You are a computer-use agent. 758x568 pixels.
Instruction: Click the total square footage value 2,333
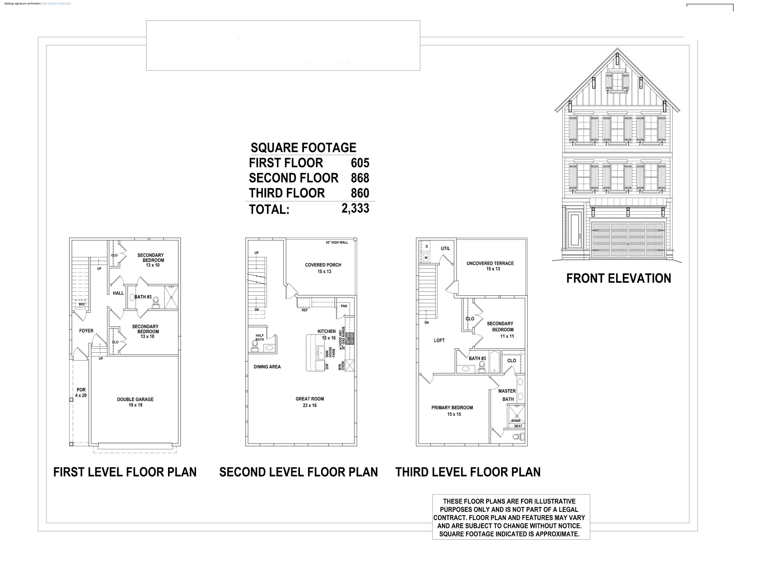tap(355, 208)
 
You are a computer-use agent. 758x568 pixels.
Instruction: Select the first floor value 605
tap(360, 163)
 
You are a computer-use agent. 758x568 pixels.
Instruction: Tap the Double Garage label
tap(135, 402)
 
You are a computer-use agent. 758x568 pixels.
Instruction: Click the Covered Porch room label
tap(323, 268)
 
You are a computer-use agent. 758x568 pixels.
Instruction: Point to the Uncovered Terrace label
tap(490, 266)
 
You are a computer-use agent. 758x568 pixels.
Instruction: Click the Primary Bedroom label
tap(452, 410)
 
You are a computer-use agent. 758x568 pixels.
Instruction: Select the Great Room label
tap(310, 402)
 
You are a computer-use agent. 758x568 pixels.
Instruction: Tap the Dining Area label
tap(267, 367)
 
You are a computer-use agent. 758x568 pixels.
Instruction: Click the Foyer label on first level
tap(86, 331)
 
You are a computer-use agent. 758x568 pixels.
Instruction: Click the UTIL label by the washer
tap(445, 249)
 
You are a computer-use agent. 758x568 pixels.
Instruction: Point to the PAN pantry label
tap(344, 306)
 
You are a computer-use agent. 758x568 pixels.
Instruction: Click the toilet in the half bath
tap(255, 345)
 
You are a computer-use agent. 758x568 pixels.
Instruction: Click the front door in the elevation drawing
tap(575, 229)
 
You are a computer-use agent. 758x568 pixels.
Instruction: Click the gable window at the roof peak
tap(617, 82)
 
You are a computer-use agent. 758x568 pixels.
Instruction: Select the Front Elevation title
tap(619, 278)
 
